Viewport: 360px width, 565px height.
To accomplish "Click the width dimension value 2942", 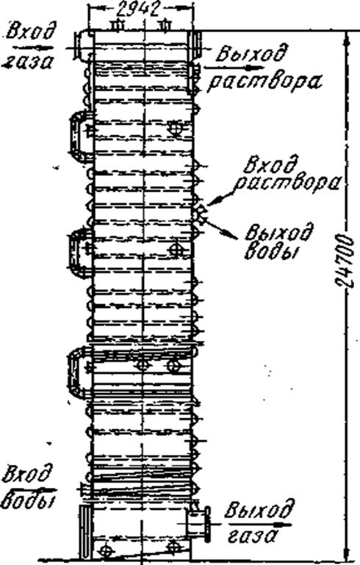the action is (x=138, y=10).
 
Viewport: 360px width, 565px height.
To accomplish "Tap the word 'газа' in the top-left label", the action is (x=29, y=62).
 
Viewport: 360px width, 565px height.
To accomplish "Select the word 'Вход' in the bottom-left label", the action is (x=26, y=475).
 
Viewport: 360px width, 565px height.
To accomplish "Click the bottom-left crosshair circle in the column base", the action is (x=105, y=550).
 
